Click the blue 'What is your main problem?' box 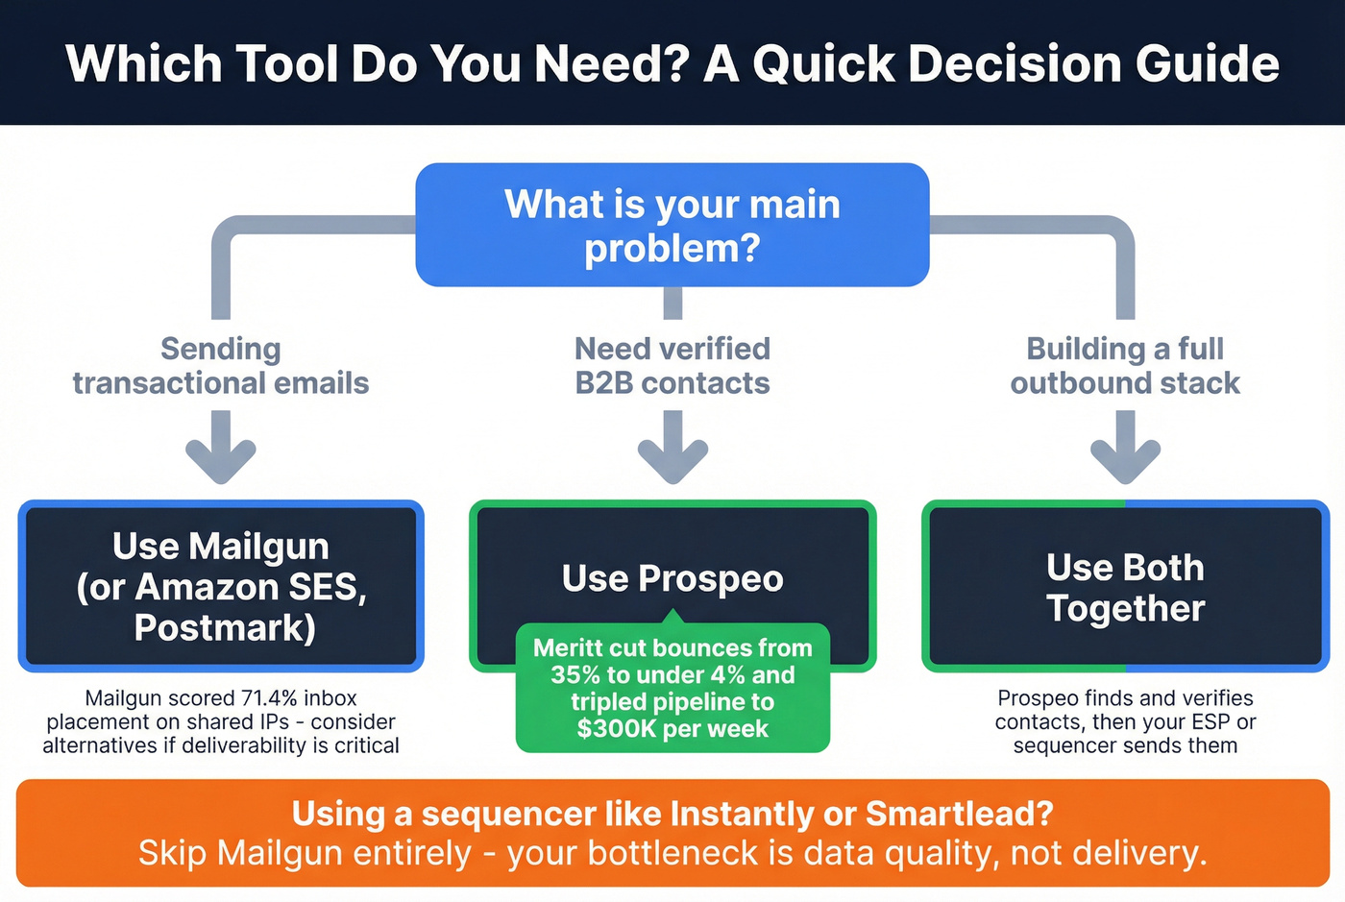pyautogui.click(x=672, y=225)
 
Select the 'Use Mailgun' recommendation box pyautogui.click(x=221, y=585)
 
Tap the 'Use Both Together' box pyautogui.click(x=1125, y=587)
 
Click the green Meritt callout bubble pyautogui.click(x=672, y=688)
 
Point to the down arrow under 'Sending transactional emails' pyautogui.click(x=221, y=450)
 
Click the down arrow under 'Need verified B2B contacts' pyautogui.click(x=672, y=450)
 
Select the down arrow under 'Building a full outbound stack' pyautogui.click(x=1125, y=450)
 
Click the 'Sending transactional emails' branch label pyautogui.click(x=221, y=366)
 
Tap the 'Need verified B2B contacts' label pyautogui.click(x=672, y=366)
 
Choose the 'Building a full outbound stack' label pyautogui.click(x=1125, y=366)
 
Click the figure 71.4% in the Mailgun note pyautogui.click(x=270, y=698)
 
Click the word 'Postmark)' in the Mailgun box pyautogui.click(x=225, y=628)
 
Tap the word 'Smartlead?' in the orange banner pyautogui.click(x=959, y=814)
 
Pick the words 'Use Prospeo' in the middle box pyautogui.click(x=672, y=578)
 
